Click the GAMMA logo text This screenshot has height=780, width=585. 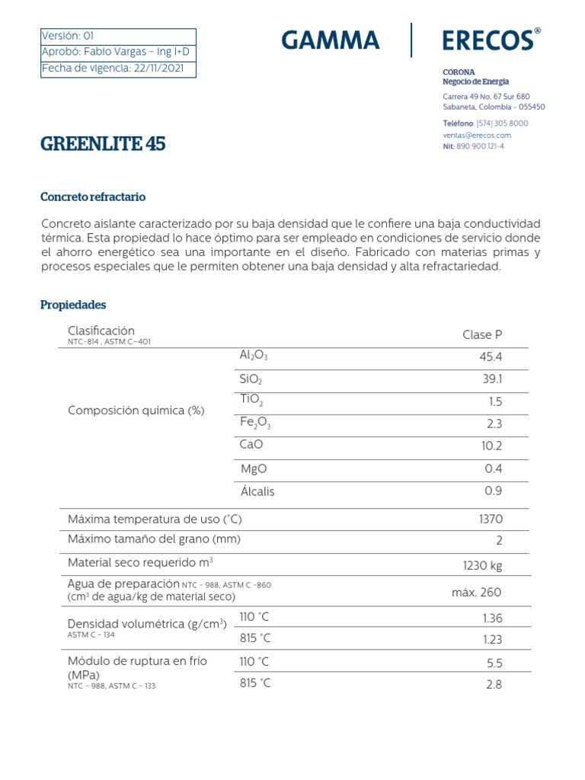[330, 40]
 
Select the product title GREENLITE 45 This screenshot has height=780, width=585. [102, 144]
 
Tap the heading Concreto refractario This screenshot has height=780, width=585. [92, 197]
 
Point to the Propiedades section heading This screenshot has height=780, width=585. [72, 305]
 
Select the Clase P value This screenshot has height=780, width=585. [482, 335]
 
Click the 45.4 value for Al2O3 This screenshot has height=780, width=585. [491, 357]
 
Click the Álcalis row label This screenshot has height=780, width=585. [257, 491]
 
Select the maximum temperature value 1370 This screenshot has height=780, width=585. [490, 519]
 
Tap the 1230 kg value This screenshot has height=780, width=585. [482, 565]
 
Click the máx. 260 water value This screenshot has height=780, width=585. [477, 593]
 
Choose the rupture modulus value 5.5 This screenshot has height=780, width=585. [494, 663]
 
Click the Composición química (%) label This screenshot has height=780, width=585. [136, 410]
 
